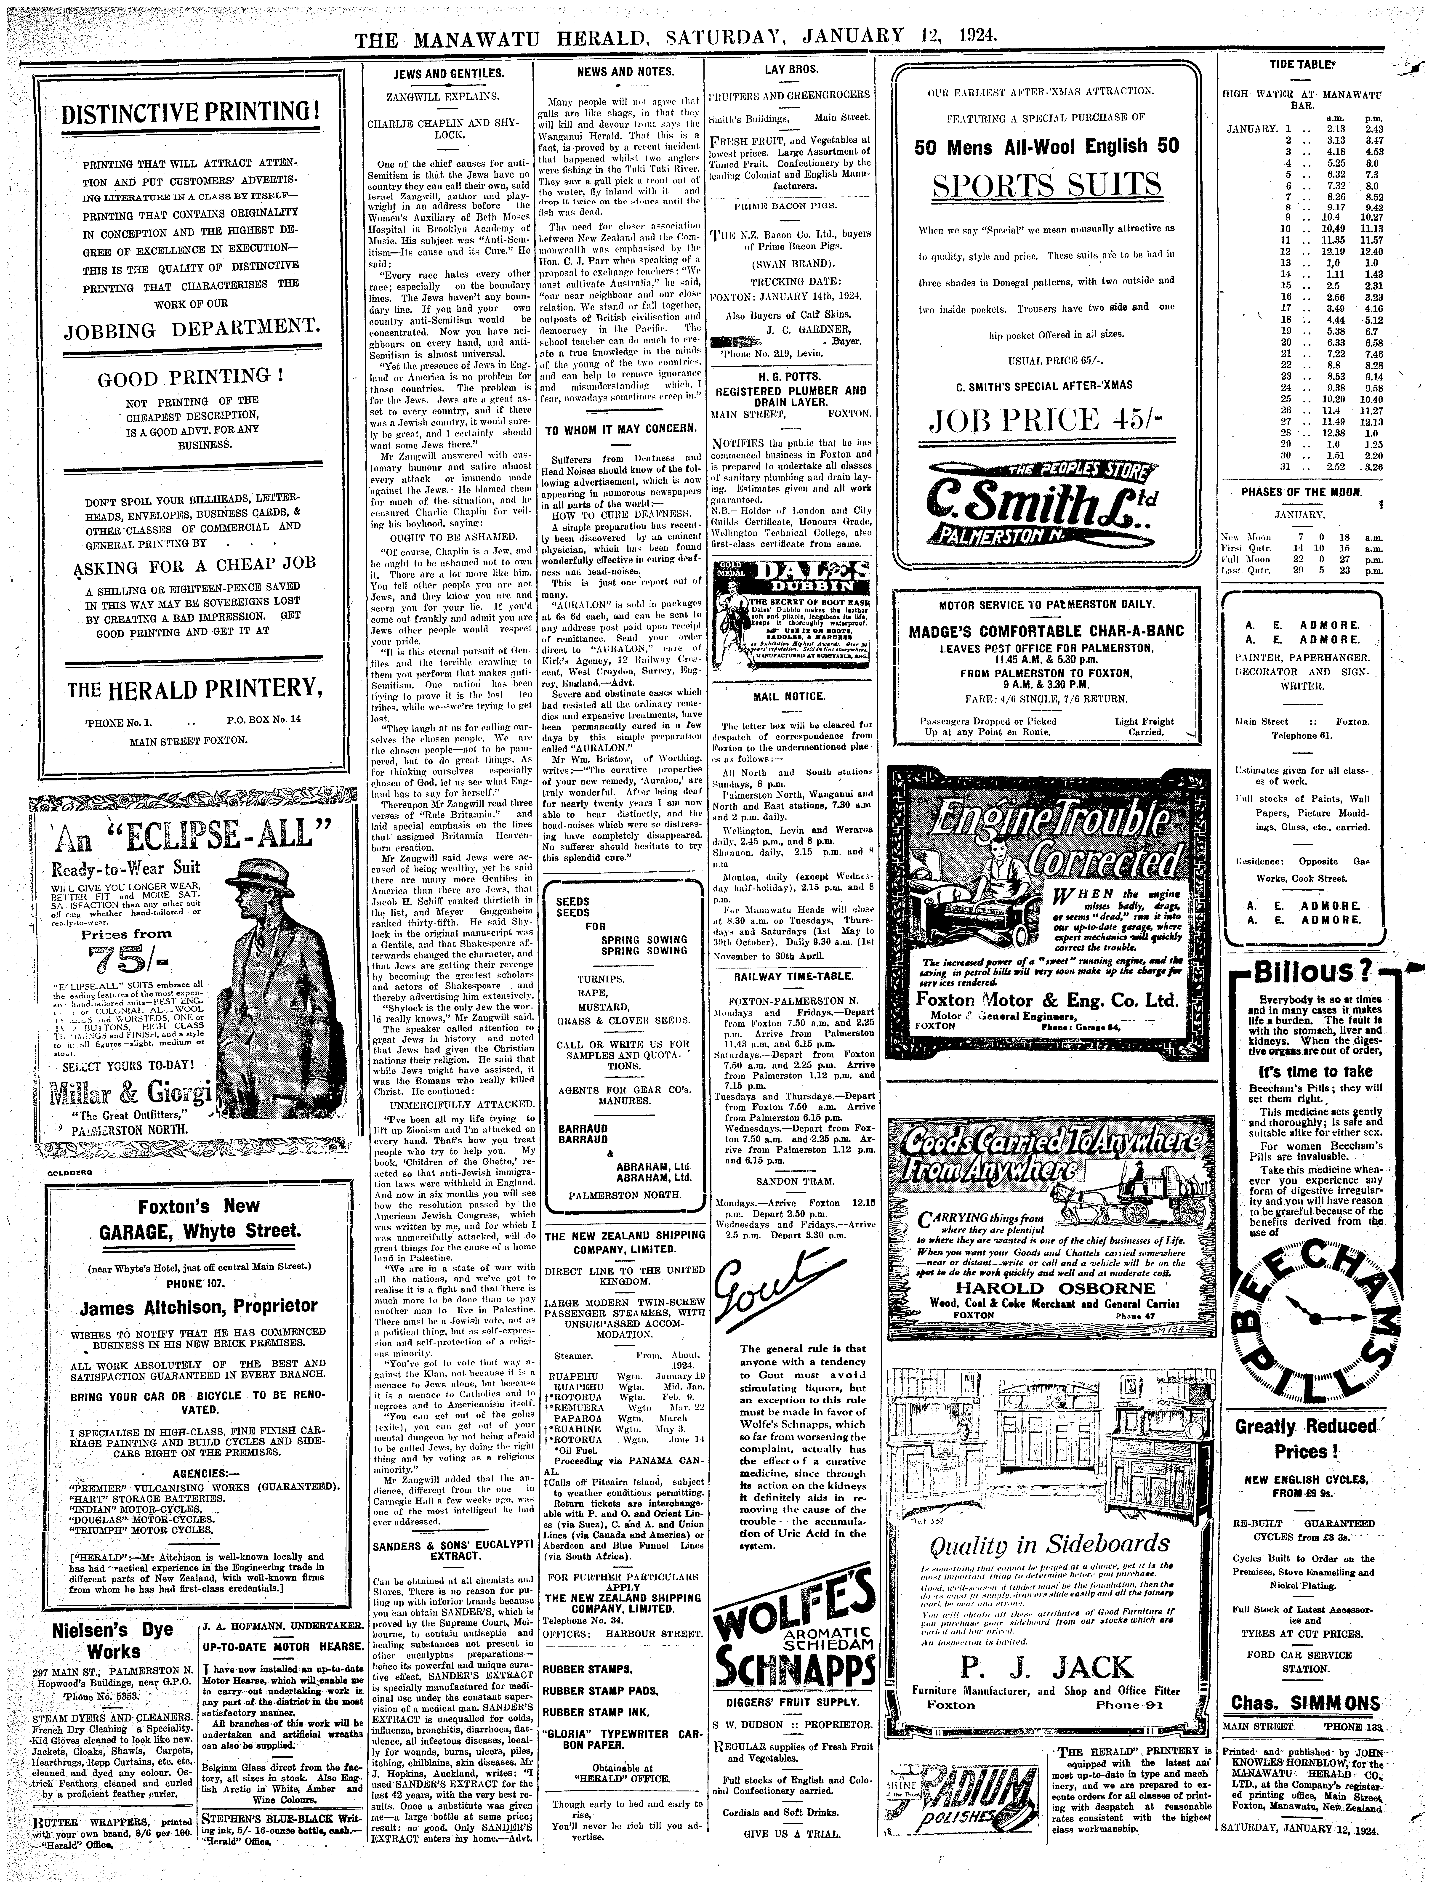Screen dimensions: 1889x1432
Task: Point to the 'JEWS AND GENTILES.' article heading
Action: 448,74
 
